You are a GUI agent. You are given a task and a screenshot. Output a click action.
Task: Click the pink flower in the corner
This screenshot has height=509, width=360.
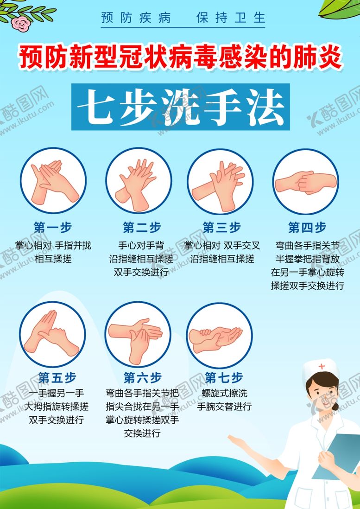click(x=20, y=23)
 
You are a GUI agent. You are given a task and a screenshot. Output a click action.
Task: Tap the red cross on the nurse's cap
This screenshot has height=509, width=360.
click(x=322, y=367)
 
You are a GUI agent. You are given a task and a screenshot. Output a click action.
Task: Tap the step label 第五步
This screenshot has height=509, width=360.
click(x=57, y=377)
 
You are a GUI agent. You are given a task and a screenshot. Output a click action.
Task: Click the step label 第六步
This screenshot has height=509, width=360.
click(x=142, y=377)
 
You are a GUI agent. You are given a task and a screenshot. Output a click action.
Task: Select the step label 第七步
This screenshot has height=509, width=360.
click(x=224, y=377)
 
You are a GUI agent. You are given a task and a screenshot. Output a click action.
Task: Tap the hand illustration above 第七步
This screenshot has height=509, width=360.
click(x=215, y=339)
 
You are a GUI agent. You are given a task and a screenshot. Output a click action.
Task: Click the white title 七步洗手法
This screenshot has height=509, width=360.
click(x=181, y=107)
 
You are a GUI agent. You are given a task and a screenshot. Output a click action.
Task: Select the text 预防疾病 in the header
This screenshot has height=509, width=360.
click(x=136, y=18)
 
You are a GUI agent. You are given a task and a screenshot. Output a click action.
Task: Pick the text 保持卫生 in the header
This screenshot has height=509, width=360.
click(x=231, y=18)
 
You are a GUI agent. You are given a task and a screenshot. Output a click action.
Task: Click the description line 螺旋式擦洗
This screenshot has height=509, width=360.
click(x=224, y=393)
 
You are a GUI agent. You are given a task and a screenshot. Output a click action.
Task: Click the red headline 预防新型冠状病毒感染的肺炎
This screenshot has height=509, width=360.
click(x=180, y=58)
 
